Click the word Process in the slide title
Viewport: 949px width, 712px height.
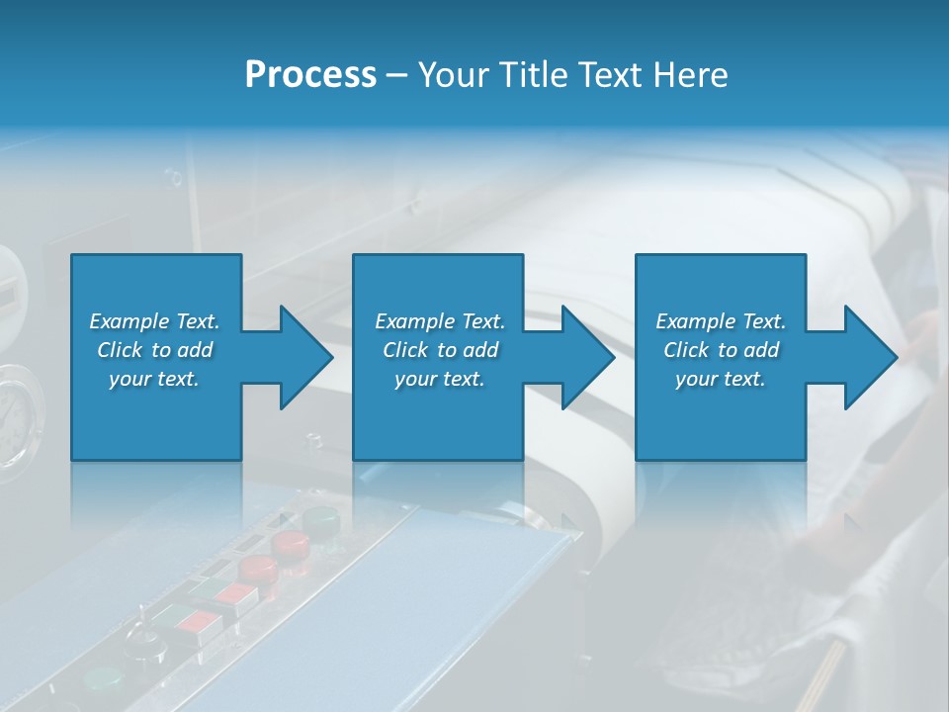[310, 75]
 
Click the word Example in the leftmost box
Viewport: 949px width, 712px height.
[129, 321]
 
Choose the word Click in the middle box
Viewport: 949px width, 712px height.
[404, 350]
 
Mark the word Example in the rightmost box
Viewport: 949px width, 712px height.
[695, 321]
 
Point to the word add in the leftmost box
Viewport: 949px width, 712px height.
[195, 350]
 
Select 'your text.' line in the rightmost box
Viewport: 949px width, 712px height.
[721, 379]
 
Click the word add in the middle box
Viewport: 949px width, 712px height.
[480, 350]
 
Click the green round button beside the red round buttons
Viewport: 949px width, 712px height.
[320, 520]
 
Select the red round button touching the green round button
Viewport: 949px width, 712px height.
[291, 543]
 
